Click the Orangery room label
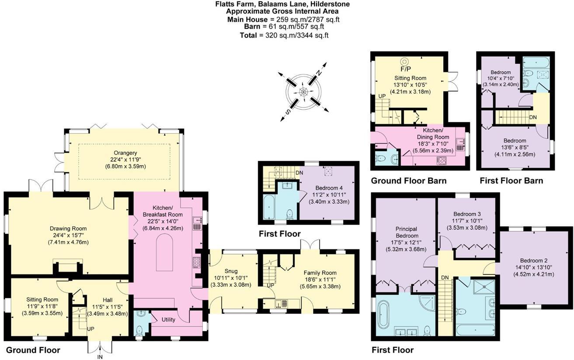[125, 153]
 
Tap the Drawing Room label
[68, 228]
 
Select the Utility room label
[168, 319]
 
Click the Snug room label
[231, 271]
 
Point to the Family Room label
[320, 273]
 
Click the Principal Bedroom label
[407, 232]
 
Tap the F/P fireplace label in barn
[406, 69]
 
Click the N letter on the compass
[319, 73]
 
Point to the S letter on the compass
[288, 111]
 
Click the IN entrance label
[100, 357]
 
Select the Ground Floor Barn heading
[409, 181]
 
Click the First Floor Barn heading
[511, 181]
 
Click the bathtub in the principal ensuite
[383, 315]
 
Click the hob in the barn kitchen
[441, 160]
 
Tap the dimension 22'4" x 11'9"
[125, 159]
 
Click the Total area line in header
[284, 35]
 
